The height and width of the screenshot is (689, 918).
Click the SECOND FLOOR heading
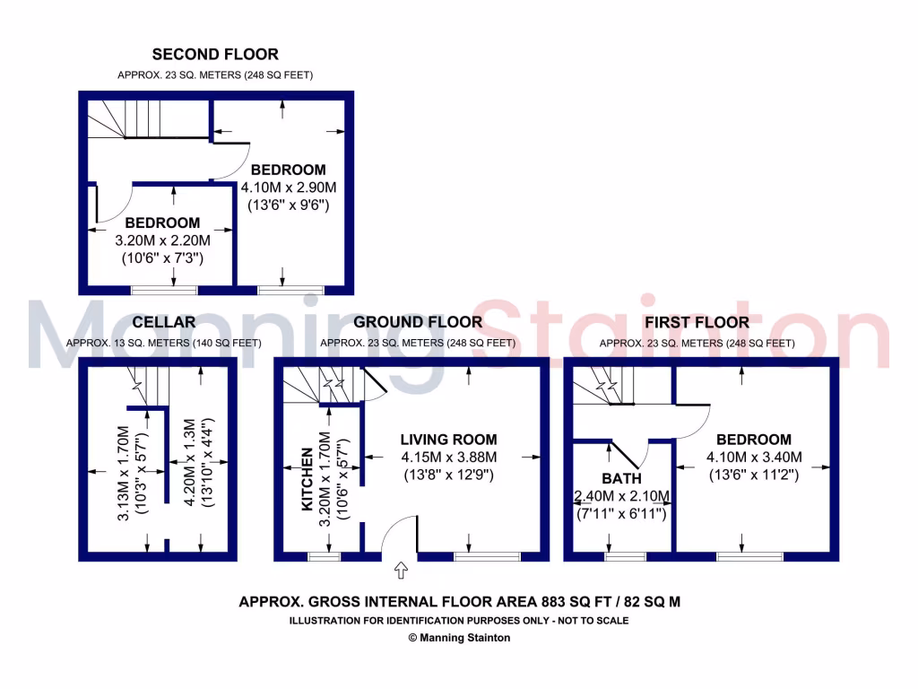pyautogui.click(x=215, y=55)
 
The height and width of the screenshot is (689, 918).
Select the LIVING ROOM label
pyautogui.click(x=448, y=440)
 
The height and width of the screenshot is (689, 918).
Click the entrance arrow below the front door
pyautogui.click(x=401, y=570)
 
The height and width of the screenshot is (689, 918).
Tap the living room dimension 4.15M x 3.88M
pyautogui.click(x=448, y=457)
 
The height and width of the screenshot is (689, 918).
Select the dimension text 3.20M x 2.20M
pyautogui.click(x=162, y=240)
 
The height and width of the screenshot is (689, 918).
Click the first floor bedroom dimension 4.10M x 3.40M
pyautogui.click(x=753, y=457)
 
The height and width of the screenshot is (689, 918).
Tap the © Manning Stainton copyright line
pyautogui.click(x=459, y=638)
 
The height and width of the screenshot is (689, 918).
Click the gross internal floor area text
pyautogui.click(x=459, y=602)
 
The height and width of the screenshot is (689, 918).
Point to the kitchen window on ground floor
pyautogui.click(x=325, y=557)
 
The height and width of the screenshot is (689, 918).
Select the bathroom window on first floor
pyautogui.click(x=625, y=557)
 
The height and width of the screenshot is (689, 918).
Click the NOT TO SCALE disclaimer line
pyautogui.click(x=459, y=621)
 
